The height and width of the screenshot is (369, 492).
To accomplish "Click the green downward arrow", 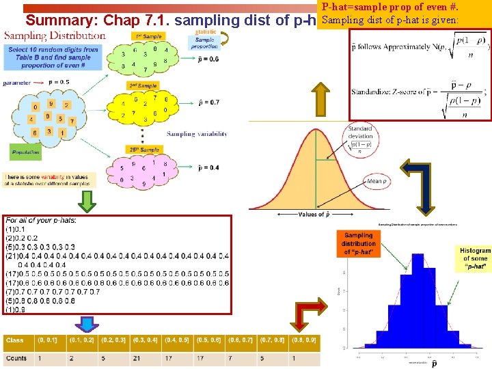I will pos(87,202).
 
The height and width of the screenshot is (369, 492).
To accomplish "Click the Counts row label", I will pos(16,358).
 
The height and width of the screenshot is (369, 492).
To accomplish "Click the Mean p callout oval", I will pos(375,181).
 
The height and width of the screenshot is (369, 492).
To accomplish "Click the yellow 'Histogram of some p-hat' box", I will pos(475,258).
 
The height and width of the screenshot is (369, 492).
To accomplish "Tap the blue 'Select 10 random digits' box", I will pos(53,58).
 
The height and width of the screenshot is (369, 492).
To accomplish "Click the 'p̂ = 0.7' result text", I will pos(208,102).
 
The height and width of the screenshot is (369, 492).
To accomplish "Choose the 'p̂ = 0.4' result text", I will pos(208,167).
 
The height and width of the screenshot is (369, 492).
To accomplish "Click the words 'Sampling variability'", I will pos(197,134).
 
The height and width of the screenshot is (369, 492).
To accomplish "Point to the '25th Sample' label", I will pos(143,149).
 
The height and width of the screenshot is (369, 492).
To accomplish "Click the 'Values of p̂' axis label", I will pos(314,214).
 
